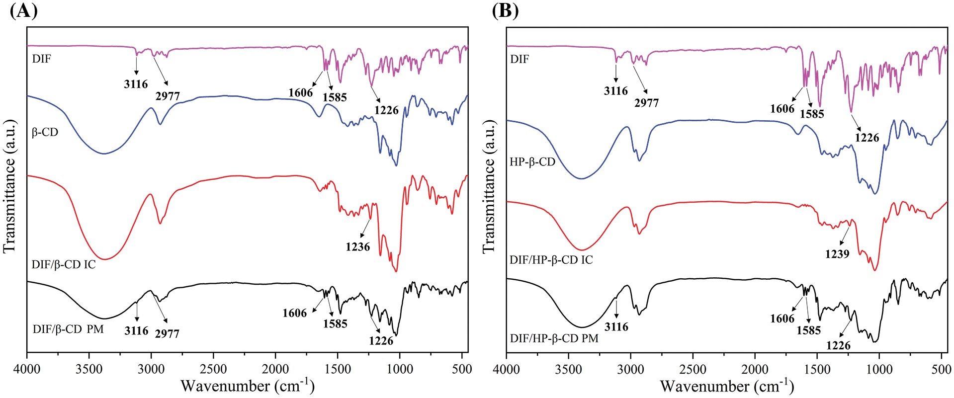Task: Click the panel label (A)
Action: click(24, 10)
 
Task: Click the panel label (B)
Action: click(505, 10)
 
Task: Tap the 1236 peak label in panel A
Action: click(358, 246)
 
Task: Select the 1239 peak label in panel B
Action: click(837, 253)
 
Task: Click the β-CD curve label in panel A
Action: click(45, 132)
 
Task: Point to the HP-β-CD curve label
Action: click(532, 162)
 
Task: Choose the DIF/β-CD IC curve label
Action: click(64, 264)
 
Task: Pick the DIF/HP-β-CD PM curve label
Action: click(554, 338)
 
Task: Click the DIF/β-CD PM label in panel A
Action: click(68, 329)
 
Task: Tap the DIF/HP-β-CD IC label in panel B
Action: click(551, 260)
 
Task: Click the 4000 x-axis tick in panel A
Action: click(27, 369)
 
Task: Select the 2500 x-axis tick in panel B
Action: click(693, 369)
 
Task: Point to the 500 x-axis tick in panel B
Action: click(941, 369)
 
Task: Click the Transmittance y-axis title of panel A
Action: click(10, 186)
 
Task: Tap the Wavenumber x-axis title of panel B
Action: click(727, 386)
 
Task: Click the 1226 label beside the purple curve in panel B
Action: click(867, 138)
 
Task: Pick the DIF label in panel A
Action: click(42, 59)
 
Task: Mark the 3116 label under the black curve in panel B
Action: click(616, 326)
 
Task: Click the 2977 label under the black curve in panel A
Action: click(167, 333)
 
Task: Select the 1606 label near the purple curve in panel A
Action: click(300, 92)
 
